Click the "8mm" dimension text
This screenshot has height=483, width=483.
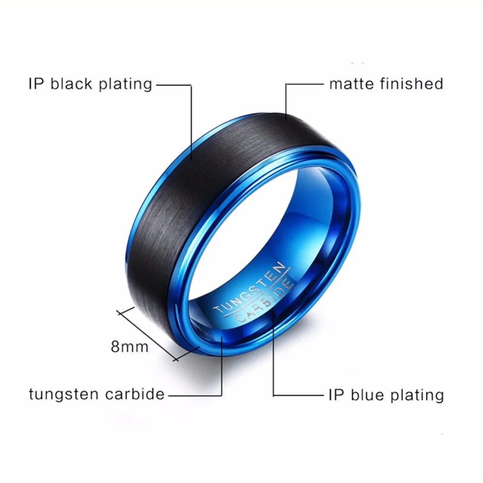[x=129, y=346]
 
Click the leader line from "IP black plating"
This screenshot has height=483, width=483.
[x=192, y=126]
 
